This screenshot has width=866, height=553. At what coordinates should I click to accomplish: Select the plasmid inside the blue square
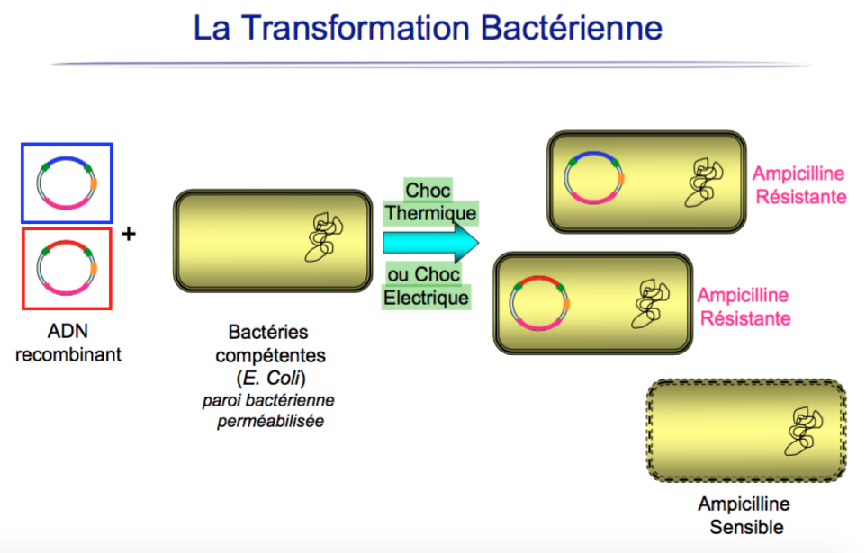[67, 184]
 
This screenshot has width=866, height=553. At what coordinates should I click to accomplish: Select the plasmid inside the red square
[67, 268]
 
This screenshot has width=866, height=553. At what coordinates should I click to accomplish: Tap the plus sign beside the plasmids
[129, 235]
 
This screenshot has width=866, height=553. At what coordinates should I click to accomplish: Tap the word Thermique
[429, 215]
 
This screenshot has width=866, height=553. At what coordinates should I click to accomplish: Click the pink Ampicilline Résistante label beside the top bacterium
[799, 184]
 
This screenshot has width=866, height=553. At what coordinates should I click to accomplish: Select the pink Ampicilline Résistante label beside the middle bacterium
[744, 307]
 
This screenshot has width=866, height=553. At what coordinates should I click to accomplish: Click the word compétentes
[277, 356]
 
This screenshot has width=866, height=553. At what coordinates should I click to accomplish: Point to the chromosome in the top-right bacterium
[699, 181]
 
